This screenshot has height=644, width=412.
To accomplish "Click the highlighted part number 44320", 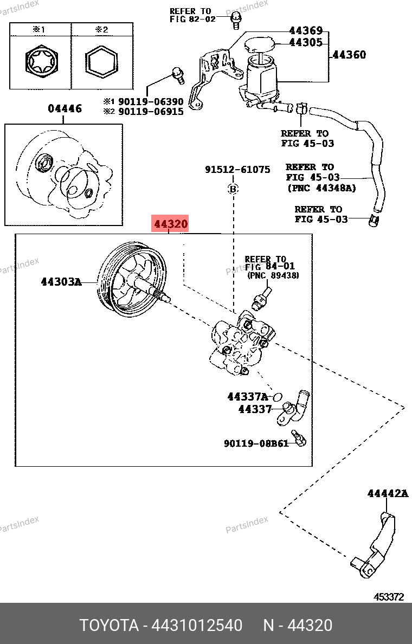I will (171, 223).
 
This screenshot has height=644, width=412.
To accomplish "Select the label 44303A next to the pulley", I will (61, 281).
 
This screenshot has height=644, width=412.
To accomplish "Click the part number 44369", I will (306, 31).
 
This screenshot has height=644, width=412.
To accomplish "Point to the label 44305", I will (306, 42).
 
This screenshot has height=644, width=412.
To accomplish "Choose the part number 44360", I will (349, 54).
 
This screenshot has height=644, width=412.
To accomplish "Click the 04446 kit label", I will (65, 108).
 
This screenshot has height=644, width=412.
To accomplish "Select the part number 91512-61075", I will (237, 170).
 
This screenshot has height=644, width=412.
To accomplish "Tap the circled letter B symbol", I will (233, 189).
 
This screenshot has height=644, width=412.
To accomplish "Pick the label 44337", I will (255, 409).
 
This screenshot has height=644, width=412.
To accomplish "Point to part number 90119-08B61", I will (256, 443).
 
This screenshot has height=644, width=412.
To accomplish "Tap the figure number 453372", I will (389, 597).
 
